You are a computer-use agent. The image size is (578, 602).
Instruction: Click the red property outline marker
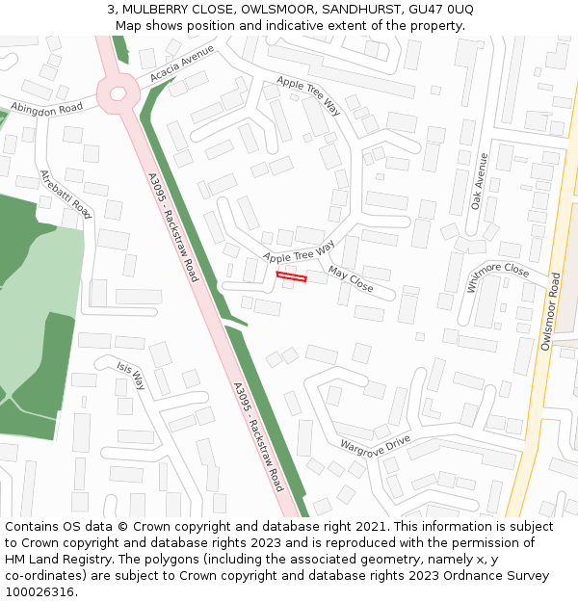pyautogui.click(x=291, y=277)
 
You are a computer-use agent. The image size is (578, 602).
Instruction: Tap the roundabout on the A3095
pyautogui.click(x=118, y=93)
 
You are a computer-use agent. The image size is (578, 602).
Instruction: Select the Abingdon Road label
pyautogui.click(x=46, y=108)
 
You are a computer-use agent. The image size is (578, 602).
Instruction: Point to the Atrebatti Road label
pyautogui.click(x=66, y=194)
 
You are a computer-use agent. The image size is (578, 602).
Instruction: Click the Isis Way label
pyautogui.click(x=131, y=376)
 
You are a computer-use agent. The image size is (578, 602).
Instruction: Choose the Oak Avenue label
pyautogui.click(x=480, y=181)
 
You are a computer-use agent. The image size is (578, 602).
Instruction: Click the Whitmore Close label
pyautogui.click(x=498, y=269)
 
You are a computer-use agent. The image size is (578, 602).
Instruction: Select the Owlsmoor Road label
pyautogui.click(x=551, y=310)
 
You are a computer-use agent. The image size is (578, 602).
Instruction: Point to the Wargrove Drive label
pyautogui.click(x=375, y=445)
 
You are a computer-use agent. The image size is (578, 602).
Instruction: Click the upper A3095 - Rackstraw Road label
pyautogui.click(x=172, y=227)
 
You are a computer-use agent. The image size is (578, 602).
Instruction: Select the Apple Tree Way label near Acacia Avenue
pyautogui.click(x=309, y=95)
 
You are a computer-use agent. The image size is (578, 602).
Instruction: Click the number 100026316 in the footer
pyautogui.click(x=39, y=592)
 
